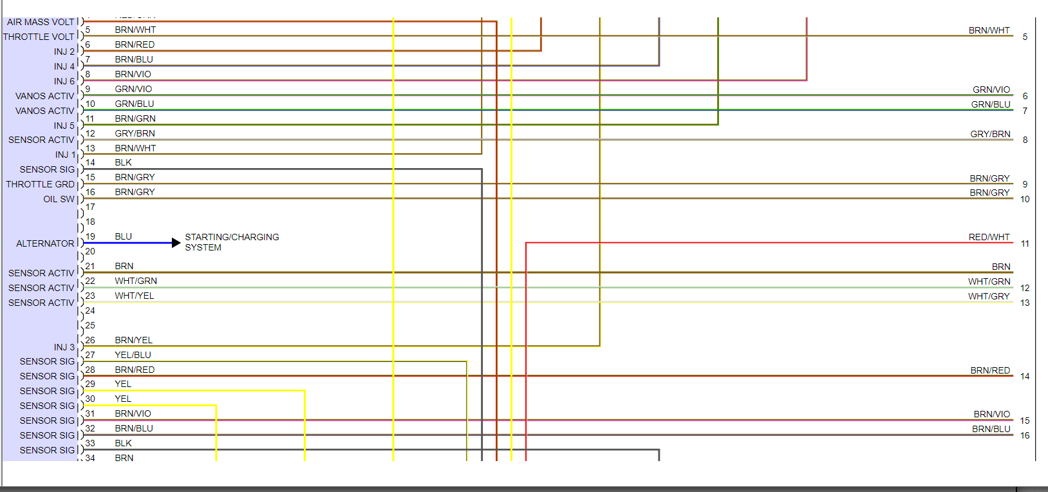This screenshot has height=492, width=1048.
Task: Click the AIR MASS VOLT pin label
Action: pyautogui.click(x=41, y=22)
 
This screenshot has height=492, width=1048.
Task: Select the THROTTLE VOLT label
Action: pyautogui.click(x=39, y=37)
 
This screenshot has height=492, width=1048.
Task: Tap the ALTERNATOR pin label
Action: pyautogui.click(x=45, y=243)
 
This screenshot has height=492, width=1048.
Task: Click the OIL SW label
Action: pyautogui.click(x=59, y=199)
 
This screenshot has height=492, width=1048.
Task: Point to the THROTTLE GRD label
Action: pyautogui.click(x=41, y=184)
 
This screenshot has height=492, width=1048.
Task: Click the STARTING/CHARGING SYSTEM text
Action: pyautogui.click(x=232, y=242)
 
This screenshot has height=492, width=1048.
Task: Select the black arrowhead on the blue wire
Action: pyautogui.click(x=176, y=243)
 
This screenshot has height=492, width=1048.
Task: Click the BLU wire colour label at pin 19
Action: pyautogui.click(x=124, y=236)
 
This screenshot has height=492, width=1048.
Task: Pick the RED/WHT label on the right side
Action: pyautogui.click(x=989, y=237)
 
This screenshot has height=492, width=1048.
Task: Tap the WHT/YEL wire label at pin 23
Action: pyautogui.click(x=135, y=296)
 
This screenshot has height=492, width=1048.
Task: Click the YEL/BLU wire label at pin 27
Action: pyautogui.click(x=133, y=355)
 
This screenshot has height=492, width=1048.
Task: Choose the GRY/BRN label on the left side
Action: pyautogui.click(x=135, y=133)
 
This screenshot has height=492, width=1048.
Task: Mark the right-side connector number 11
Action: pyautogui.click(x=1025, y=243)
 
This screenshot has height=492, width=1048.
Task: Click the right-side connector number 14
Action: pyautogui.click(x=1025, y=376)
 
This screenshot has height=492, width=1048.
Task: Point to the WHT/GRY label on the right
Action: pyautogui.click(x=989, y=296)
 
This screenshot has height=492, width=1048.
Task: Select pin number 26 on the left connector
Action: pyautogui.click(x=90, y=340)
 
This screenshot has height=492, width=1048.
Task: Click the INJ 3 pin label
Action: pyautogui.click(x=64, y=347)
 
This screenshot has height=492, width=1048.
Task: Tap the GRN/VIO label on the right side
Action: pyautogui.click(x=991, y=90)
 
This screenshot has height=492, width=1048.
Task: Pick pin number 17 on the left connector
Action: pyautogui.click(x=90, y=207)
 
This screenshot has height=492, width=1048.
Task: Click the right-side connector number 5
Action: pyautogui.click(x=1025, y=37)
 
